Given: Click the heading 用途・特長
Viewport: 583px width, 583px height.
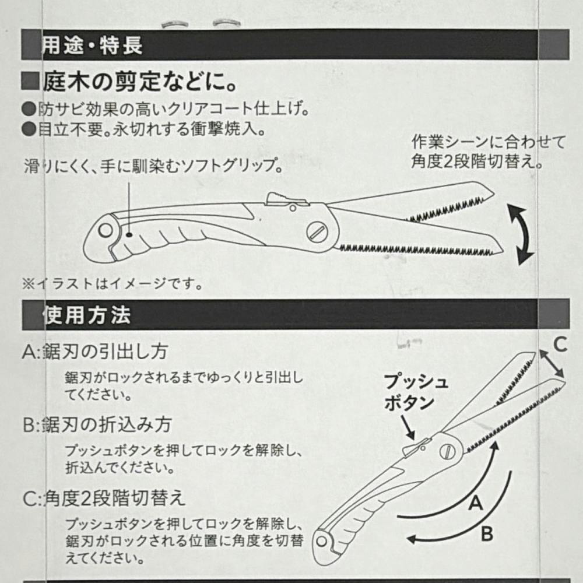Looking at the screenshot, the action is [92, 45].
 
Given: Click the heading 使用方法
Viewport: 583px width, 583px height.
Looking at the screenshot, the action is [87, 315].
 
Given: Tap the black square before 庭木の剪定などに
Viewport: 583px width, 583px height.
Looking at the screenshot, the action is [30, 81].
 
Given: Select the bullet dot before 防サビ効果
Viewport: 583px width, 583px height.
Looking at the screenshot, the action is [29, 110].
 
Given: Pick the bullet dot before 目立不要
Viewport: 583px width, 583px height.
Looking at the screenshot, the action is [29, 129].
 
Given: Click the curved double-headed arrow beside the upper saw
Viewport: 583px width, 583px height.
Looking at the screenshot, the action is [520, 235].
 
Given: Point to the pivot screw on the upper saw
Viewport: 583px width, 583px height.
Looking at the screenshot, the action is [317, 233].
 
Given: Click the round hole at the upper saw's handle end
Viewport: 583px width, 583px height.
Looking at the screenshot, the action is [106, 230].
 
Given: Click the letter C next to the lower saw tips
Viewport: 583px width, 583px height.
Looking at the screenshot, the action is [560, 344].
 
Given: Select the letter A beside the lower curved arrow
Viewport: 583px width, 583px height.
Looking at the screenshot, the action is [476, 503].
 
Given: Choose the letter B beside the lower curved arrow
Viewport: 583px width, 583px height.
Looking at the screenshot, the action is [487, 534].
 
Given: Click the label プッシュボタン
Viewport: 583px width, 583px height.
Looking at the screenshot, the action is [416, 392].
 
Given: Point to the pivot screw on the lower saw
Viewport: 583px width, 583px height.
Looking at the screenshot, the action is [448, 452].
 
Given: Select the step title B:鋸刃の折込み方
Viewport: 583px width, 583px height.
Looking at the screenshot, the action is [97, 424].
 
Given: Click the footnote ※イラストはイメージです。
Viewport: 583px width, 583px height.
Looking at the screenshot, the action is [113, 284].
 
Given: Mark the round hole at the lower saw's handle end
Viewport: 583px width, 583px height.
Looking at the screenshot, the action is [322, 542].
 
